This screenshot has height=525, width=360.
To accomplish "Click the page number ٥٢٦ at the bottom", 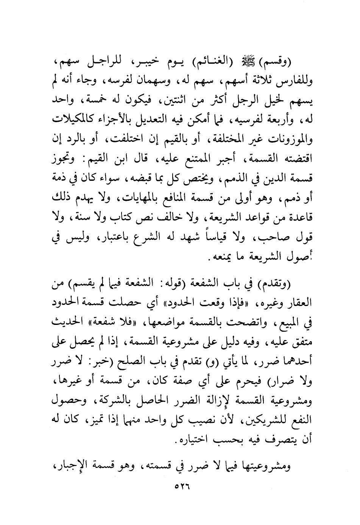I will click(180, 485).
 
